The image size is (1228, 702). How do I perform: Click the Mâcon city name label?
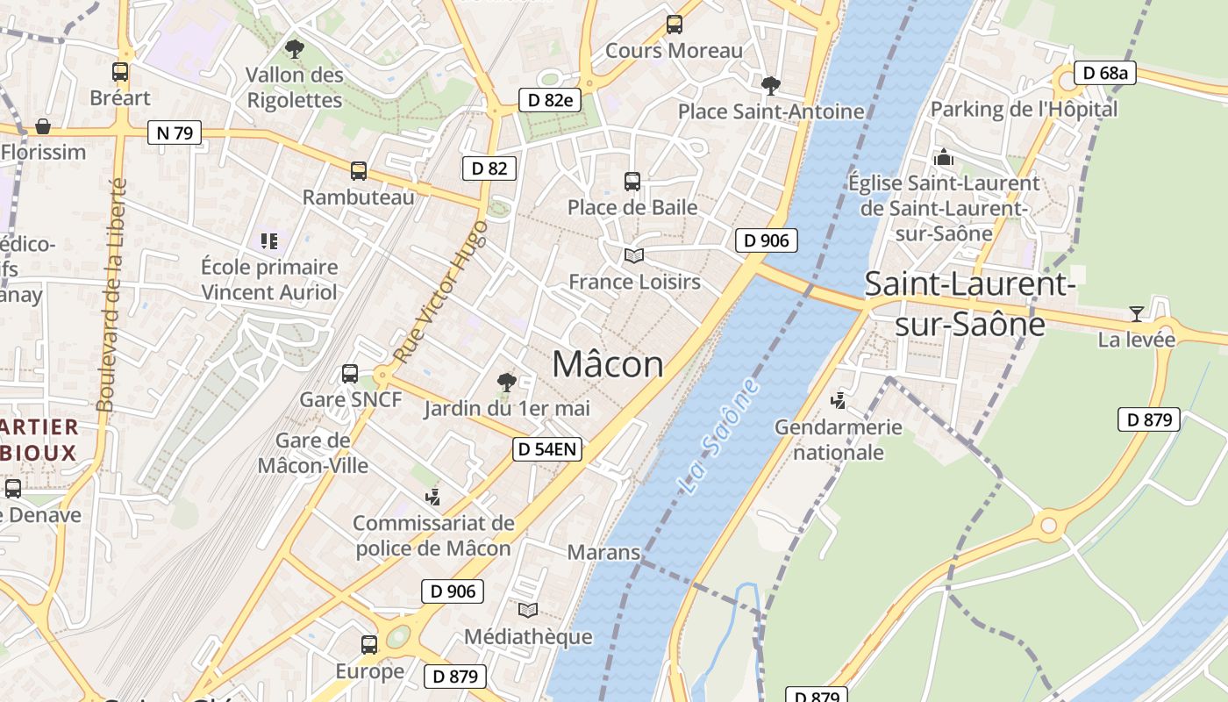608,363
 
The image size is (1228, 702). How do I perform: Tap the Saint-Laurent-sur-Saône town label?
969,304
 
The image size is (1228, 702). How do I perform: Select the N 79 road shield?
175,133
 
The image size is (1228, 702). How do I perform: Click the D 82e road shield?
550,100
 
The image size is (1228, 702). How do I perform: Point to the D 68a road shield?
1105,73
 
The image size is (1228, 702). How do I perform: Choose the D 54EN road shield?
547,449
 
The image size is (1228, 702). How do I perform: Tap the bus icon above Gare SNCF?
349,374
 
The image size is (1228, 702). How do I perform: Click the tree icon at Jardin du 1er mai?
506,382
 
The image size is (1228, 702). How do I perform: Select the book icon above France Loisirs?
633,255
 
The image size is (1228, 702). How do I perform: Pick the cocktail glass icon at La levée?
1136,313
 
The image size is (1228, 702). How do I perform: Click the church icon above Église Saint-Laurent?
944,157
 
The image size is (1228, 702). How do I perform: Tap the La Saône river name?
720,436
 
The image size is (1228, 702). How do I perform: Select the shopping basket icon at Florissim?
42,126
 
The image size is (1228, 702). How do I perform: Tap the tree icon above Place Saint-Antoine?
771,85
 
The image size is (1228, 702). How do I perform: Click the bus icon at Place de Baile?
632,182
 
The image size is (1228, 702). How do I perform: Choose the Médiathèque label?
528,636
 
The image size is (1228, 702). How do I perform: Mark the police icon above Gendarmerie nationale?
839,401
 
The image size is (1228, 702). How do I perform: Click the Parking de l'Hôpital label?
1024,110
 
